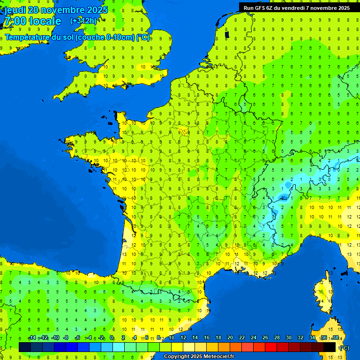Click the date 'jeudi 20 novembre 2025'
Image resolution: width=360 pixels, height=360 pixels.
click(56, 10)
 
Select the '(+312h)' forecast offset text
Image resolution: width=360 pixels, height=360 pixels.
click(83, 21)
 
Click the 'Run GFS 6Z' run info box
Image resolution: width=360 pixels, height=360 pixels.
click(296, 8)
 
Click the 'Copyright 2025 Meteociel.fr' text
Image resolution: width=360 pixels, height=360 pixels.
click(199, 357)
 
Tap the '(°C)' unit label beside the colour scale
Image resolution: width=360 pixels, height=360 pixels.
click(344, 348)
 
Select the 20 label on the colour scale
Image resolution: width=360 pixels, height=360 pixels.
click(230, 338)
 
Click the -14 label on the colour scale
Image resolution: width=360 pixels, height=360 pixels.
click(32, 338)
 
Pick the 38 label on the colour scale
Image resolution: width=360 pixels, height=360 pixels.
click(336, 338)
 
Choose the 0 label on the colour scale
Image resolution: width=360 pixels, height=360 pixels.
click(112, 338)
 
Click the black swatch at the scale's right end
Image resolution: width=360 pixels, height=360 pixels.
click(330, 347)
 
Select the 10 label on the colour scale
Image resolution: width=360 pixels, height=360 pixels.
click(172, 338)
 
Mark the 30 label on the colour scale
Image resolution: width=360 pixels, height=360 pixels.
click(289, 338)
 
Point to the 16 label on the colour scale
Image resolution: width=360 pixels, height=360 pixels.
click(207, 338)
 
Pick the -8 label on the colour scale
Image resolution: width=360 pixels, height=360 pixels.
click(66, 338)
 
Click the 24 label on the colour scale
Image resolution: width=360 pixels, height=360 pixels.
click(254, 338)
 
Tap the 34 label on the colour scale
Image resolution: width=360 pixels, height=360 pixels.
click(312, 338)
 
